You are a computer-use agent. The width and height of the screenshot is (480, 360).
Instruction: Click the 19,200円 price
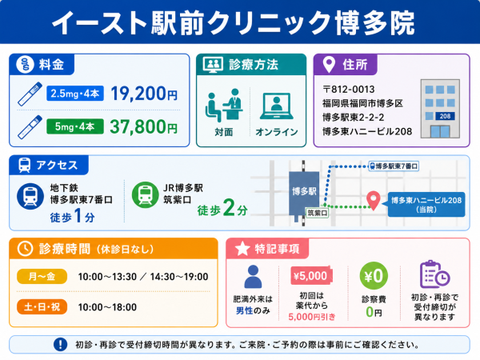coord(144,94)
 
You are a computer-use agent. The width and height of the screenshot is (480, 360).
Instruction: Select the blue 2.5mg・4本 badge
coord(75,94)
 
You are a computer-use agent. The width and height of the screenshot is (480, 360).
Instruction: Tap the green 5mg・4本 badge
coord(75,126)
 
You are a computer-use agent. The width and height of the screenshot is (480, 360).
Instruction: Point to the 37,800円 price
coord(143,126)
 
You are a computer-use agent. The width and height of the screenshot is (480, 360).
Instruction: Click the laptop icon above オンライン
coord(277,106)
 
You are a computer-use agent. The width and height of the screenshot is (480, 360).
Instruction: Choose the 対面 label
coord(224,132)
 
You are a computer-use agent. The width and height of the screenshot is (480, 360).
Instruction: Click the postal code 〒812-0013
coord(348,90)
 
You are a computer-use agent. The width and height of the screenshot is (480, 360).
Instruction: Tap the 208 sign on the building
coord(445,116)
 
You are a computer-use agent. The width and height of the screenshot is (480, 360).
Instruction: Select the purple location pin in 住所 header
coord(329,64)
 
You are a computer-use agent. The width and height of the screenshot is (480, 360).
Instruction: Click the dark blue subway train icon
coord(30,196)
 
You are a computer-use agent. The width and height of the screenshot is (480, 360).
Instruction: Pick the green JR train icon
coord(145,194)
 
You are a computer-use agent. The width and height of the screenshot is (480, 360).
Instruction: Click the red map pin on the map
coord(374,201)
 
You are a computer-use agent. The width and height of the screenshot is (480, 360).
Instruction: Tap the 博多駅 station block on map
coord(304,194)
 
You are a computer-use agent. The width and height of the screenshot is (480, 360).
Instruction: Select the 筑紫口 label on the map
coord(317,213)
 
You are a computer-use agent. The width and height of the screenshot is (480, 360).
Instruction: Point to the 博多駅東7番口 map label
coord(394,166)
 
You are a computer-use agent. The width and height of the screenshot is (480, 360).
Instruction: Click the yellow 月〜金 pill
coord(42,277)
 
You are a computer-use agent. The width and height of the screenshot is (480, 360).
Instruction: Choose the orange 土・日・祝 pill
coord(42,306)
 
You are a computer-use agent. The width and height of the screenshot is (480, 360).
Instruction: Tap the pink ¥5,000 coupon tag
coord(311,276)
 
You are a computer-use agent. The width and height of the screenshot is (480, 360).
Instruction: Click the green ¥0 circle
coord(374,276)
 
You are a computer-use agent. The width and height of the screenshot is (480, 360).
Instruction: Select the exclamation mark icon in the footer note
coord(60,344)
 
